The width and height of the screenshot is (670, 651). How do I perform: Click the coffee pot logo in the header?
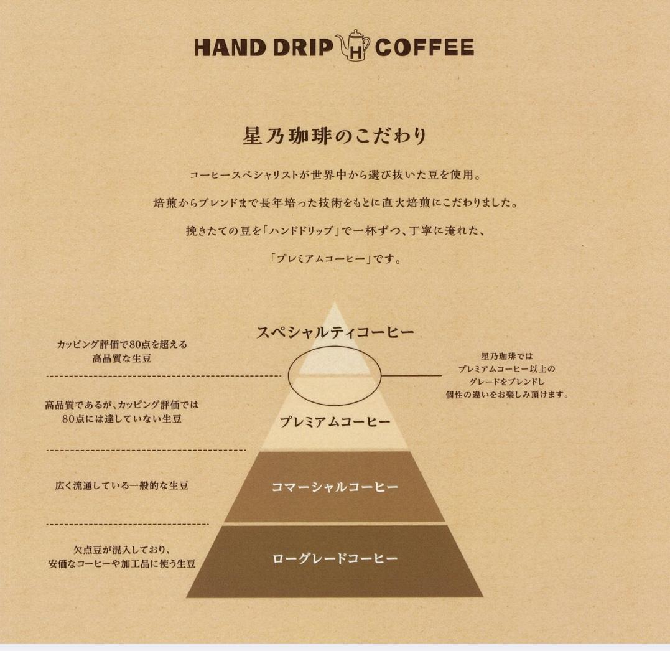point(353,45)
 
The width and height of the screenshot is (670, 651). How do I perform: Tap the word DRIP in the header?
point(303,47)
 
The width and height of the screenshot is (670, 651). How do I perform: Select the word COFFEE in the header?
point(424,47)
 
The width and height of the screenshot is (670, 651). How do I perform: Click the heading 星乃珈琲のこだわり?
point(335,136)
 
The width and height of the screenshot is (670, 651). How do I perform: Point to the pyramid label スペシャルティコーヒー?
point(335,332)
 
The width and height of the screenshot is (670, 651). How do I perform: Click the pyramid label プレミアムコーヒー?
point(335,422)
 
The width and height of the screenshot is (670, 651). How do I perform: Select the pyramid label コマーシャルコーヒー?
point(335,487)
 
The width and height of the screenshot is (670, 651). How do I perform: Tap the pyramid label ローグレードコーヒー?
point(335,559)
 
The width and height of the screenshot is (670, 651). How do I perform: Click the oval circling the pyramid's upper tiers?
point(289,376)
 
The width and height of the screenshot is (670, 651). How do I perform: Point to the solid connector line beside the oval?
point(411,376)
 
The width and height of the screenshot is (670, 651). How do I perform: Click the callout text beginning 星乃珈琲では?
point(507,375)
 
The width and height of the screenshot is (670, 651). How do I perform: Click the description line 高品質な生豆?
point(122,358)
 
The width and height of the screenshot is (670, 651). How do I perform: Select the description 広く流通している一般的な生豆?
point(122,485)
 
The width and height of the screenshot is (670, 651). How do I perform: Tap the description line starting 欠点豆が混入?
point(122,550)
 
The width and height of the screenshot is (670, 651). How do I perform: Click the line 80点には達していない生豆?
point(122,419)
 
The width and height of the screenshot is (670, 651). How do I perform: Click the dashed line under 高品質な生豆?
point(164,376)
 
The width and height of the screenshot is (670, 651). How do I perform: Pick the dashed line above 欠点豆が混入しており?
point(128,524)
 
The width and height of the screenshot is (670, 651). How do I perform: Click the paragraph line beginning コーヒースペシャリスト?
point(335,175)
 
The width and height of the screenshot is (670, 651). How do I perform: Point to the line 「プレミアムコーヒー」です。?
point(335,259)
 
